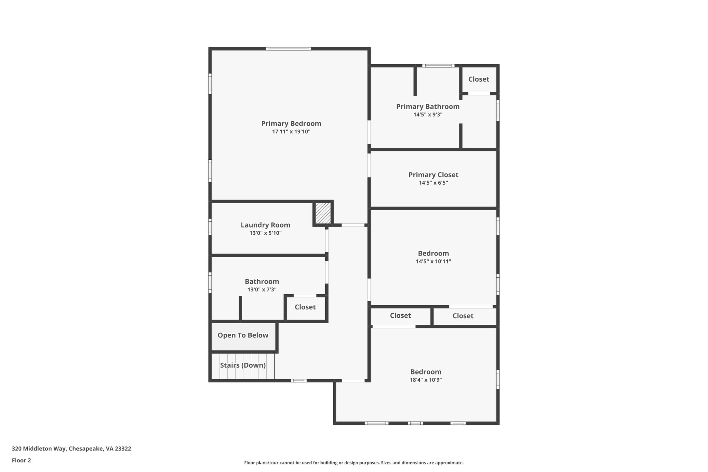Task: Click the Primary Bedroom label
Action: tap(291, 123)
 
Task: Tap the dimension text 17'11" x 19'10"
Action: tap(291, 132)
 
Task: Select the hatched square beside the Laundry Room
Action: tap(323, 213)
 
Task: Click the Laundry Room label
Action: tap(265, 225)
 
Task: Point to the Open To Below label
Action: tap(243, 335)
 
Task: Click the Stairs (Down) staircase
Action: tap(243, 365)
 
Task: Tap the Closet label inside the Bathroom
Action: tap(305, 307)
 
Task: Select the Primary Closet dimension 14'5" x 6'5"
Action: tap(433, 183)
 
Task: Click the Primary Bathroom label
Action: tap(428, 107)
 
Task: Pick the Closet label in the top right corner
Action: tap(478, 79)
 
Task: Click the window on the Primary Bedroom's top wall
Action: tap(289, 49)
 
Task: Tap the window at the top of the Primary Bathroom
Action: tap(438, 66)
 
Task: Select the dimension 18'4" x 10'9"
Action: tap(426, 380)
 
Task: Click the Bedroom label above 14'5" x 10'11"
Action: tap(433, 253)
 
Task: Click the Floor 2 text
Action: tap(21, 461)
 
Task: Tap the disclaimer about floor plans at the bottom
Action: tap(354, 463)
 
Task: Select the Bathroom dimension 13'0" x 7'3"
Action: tap(262, 290)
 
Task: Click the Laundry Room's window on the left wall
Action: tap(210, 227)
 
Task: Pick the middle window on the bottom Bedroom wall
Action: tap(415, 423)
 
